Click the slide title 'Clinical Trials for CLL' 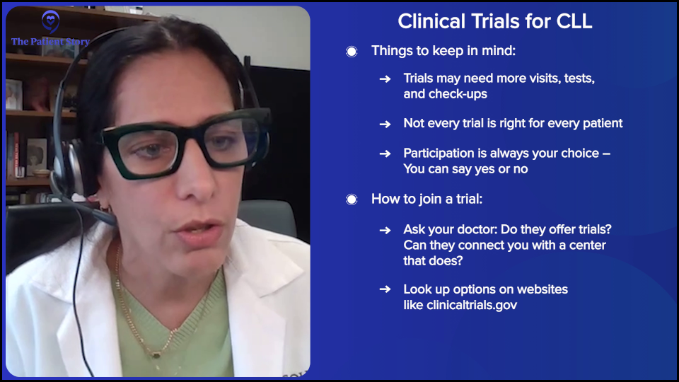(494, 21)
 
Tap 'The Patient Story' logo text (50, 42)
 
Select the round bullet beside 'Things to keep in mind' (352, 51)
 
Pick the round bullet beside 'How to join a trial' (352, 199)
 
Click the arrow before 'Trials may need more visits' (385, 79)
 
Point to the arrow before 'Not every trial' (385, 124)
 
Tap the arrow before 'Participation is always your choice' (385, 154)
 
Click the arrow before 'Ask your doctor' (385, 230)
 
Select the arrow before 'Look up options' (385, 289)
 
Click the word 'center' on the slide (586, 245)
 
